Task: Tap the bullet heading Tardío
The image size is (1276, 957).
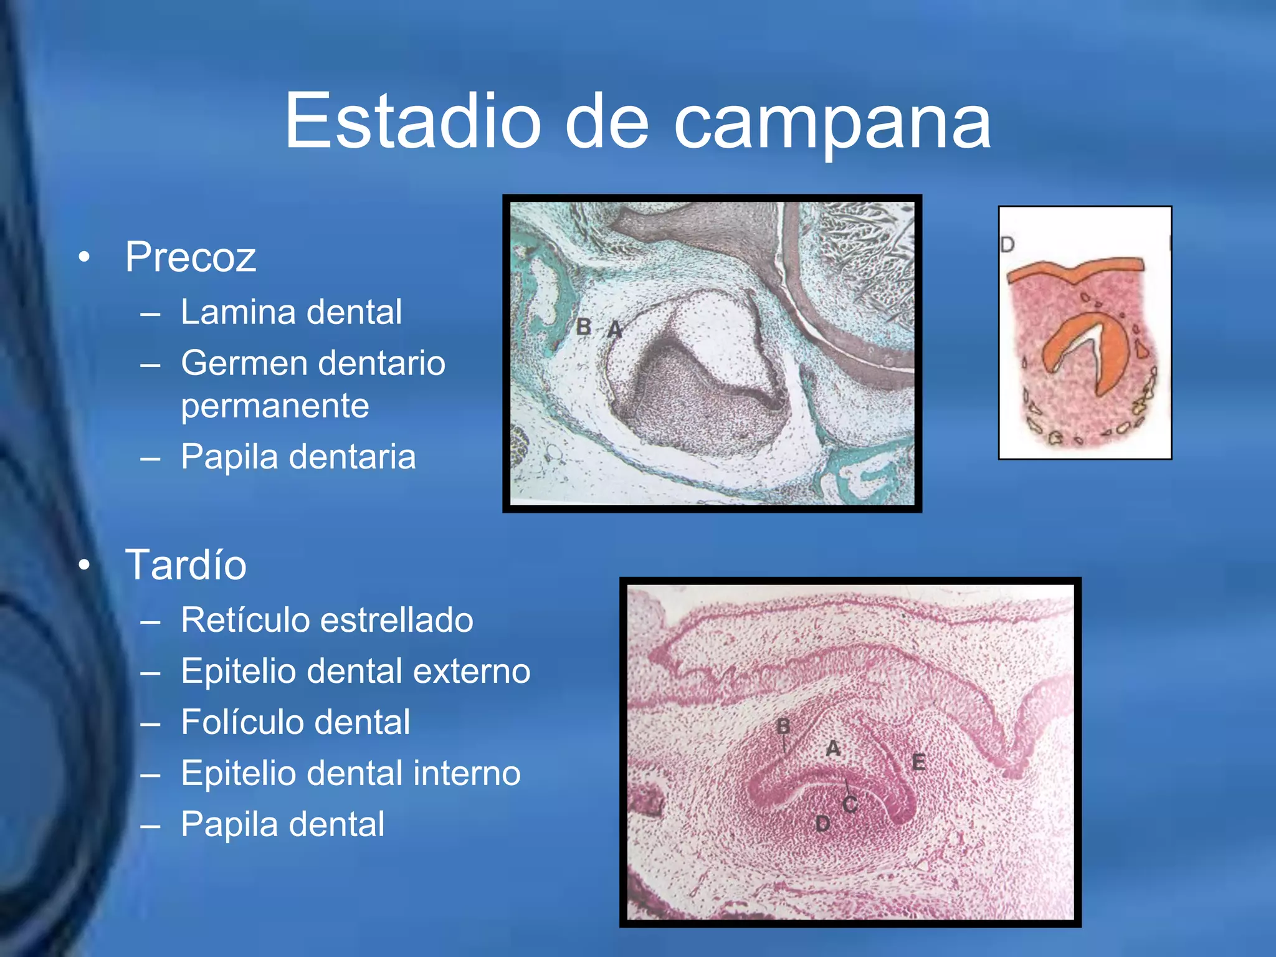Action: click(186, 564)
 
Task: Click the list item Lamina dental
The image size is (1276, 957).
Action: click(291, 312)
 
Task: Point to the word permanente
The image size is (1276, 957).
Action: click(275, 406)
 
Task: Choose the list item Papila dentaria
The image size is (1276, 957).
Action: click(298, 456)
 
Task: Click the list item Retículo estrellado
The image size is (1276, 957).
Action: click(327, 620)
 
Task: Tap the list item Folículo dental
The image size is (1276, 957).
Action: click(295, 722)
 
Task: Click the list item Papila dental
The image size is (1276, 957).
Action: click(282, 824)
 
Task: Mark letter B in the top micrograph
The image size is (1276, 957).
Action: click(584, 326)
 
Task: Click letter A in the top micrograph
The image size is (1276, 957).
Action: click(614, 329)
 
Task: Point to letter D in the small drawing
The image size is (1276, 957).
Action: click(1007, 244)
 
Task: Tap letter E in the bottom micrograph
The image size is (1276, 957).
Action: click(918, 761)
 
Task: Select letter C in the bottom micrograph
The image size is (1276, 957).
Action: click(850, 804)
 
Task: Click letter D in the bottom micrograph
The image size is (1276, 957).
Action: click(822, 824)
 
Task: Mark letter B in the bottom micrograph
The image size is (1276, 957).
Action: click(783, 726)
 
